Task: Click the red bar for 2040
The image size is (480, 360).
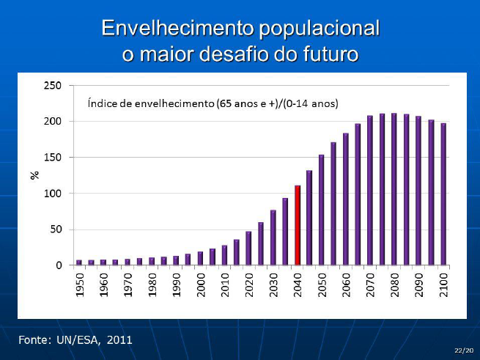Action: [298, 225]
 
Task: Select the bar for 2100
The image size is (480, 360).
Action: [443, 194]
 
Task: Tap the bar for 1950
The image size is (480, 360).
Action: [79, 262]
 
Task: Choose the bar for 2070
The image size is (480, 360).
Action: [370, 190]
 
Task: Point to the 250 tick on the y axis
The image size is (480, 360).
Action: [54, 85]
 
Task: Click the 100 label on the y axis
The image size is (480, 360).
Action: [54, 194]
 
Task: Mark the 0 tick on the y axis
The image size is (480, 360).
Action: [58, 265]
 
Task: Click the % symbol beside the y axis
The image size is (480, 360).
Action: [34, 175]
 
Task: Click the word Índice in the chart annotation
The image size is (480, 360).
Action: [101, 104]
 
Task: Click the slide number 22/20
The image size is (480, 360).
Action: [462, 351]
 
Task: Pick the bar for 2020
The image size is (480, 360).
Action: [249, 248]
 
